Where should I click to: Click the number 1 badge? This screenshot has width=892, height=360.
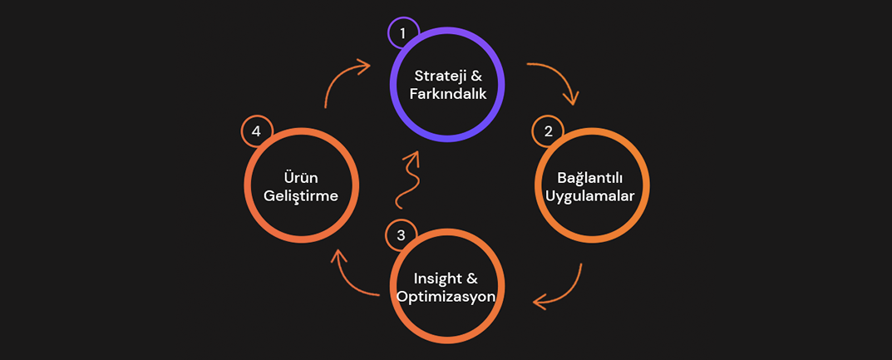pyautogui.click(x=403, y=33)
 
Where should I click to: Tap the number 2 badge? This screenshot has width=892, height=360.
pyautogui.click(x=548, y=131)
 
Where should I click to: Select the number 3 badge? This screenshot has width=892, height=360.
pyautogui.click(x=401, y=235)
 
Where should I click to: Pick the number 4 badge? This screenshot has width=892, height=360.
pyautogui.click(x=257, y=131)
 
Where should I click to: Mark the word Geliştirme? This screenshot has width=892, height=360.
pyautogui.click(x=302, y=197)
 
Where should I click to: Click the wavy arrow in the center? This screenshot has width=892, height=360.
pyautogui.click(x=407, y=179)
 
